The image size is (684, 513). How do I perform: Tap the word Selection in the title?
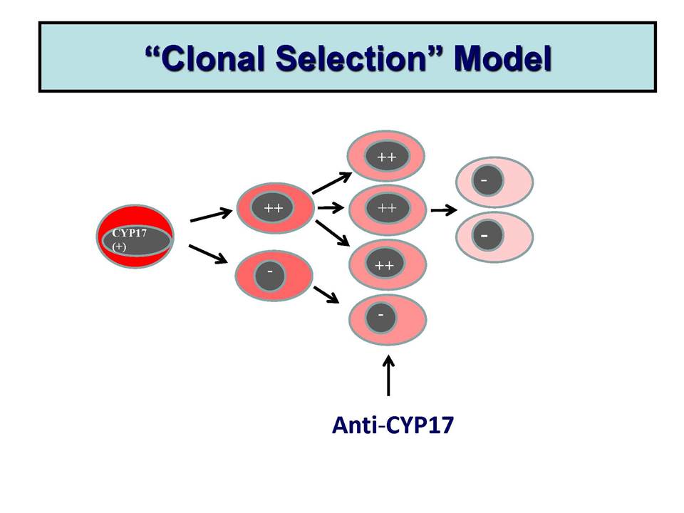351,58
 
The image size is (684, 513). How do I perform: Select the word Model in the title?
503,58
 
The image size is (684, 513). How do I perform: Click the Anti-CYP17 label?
393,425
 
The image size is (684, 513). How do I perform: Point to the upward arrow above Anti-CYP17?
388,376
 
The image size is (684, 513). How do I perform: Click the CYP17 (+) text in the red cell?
129,239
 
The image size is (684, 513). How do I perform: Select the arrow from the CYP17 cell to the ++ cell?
211,215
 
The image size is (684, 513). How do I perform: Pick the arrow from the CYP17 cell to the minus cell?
208,254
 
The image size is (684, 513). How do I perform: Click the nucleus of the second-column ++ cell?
272,207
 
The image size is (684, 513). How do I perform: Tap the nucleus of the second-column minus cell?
270,275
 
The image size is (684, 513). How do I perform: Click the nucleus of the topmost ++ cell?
387,156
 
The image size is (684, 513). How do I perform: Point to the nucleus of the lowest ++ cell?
384,264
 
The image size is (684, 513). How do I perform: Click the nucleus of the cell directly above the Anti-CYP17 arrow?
380,317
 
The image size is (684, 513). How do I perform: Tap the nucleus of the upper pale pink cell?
487,180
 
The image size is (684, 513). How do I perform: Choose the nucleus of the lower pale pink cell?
487,236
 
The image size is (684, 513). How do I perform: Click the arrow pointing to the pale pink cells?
444,210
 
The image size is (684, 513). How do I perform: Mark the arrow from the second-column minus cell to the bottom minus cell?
326,294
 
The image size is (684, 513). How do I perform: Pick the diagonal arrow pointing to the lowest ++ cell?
333,234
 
